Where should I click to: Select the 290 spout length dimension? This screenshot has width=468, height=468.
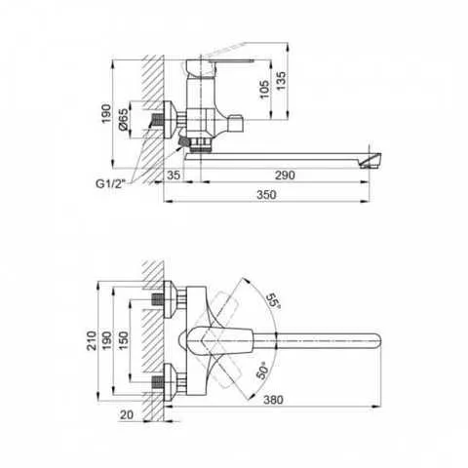285,175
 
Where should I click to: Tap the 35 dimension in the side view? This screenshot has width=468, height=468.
174,175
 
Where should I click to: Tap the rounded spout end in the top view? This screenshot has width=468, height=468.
375,342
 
